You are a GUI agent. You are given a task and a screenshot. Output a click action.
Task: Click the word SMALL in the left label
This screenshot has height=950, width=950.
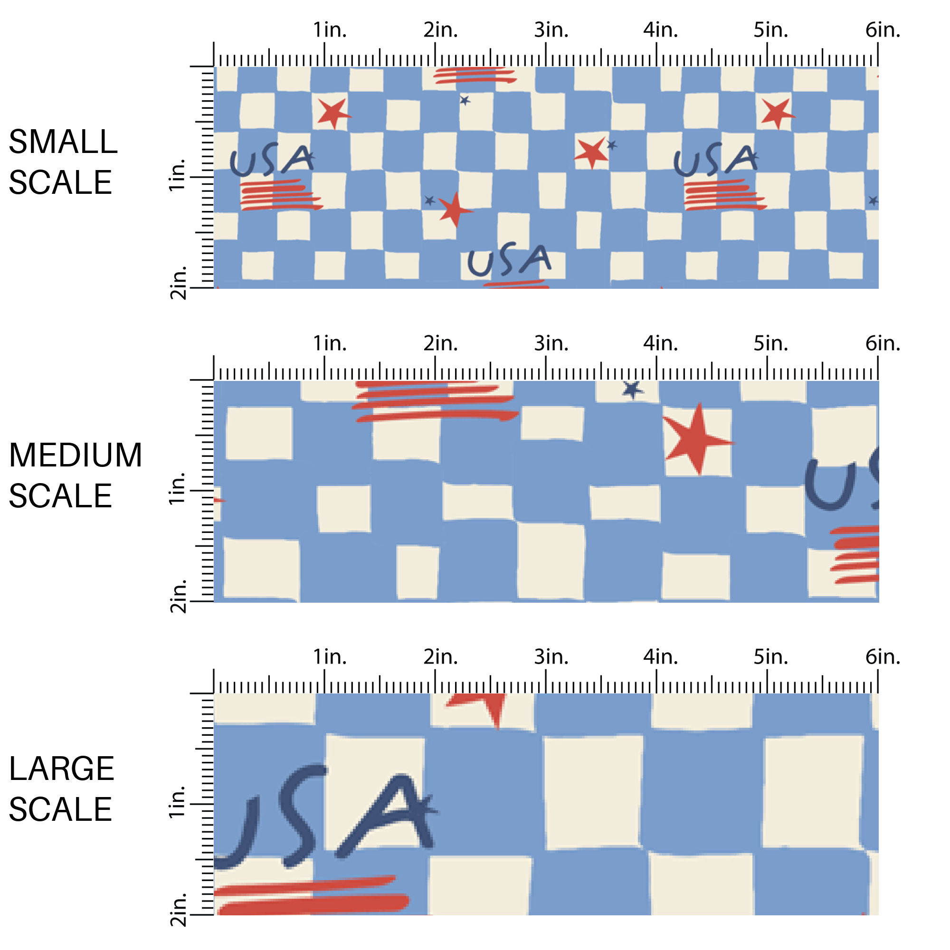coord(63,142)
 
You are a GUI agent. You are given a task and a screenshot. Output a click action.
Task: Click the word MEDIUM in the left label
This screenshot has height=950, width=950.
coord(75,456)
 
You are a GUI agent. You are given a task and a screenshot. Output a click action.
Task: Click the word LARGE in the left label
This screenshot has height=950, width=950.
coord(61,769)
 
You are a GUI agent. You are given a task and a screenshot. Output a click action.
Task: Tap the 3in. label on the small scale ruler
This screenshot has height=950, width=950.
coord(551,30)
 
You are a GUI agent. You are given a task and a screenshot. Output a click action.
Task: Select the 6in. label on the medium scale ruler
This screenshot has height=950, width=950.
coord(883,344)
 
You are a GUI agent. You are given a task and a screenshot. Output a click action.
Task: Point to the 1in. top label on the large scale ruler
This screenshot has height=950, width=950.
coord(330,657)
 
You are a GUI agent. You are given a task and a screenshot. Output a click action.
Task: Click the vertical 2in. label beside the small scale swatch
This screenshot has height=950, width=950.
coord(178,283)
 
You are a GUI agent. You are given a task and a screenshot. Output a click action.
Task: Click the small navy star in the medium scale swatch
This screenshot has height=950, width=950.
coord(632,389)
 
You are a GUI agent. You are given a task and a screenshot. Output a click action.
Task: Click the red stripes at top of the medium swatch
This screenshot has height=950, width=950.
coord(435,401)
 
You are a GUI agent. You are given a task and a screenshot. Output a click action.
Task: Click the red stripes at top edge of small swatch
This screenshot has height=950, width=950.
coord(475,75)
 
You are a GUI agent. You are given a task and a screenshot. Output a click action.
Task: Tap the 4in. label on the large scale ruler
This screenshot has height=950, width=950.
coord(660,657)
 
